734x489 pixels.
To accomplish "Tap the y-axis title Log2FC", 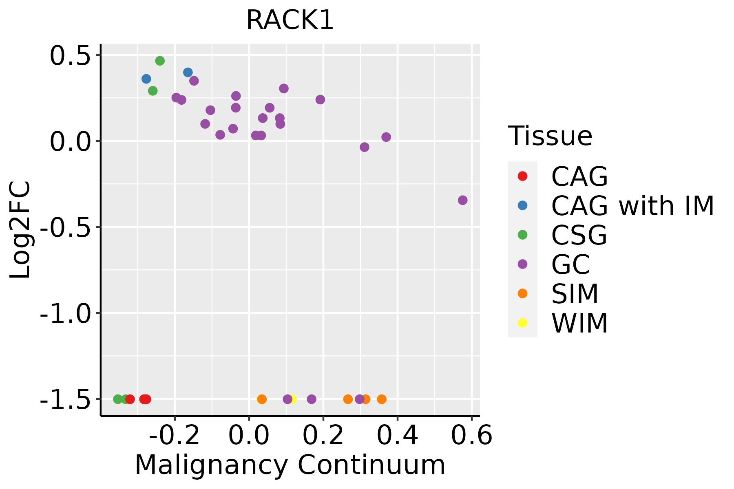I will point(20,230).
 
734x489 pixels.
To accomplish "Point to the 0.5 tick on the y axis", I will point(69,56).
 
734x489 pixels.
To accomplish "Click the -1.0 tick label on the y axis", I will point(64,313).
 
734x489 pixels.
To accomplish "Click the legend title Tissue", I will point(550,136).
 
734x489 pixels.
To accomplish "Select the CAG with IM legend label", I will point(632,206).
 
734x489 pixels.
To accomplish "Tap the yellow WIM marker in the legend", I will point(522,323).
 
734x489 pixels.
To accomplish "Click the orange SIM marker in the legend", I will point(522,293).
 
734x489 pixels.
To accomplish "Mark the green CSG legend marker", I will point(522,235).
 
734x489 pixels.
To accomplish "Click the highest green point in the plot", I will point(160,61).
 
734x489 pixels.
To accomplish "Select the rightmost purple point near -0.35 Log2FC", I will point(462,200).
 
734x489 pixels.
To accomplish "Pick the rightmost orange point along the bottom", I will point(382,399).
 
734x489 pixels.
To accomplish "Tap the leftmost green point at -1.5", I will point(118,399).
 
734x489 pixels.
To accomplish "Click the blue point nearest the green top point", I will point(188,73).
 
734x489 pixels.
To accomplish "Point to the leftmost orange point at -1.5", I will point(262,399).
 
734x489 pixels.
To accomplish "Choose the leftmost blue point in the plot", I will point(146,79).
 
